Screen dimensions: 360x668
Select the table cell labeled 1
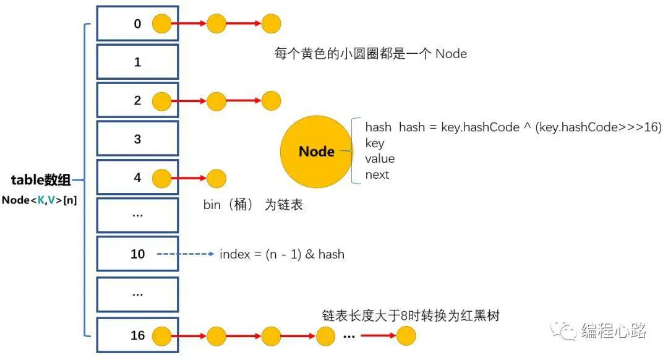(137, 62)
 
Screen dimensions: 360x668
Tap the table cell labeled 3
(137, 139)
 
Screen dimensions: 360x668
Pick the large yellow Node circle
(317, 152)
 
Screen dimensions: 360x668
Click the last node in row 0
(271, 24)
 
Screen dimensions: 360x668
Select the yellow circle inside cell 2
(161, 101)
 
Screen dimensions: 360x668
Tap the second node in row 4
(216, 178)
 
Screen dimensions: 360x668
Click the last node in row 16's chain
(406, 336)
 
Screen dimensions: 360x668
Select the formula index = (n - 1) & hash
(281, 254)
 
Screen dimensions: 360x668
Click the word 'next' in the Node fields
(377, 174)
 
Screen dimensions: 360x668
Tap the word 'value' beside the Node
(379, 159)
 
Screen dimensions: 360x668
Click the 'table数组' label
(41, 181)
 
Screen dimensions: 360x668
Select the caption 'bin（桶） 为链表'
(253, 205)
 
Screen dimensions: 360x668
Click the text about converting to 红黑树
(410, 315)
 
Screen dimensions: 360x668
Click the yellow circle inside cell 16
(161, 336)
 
